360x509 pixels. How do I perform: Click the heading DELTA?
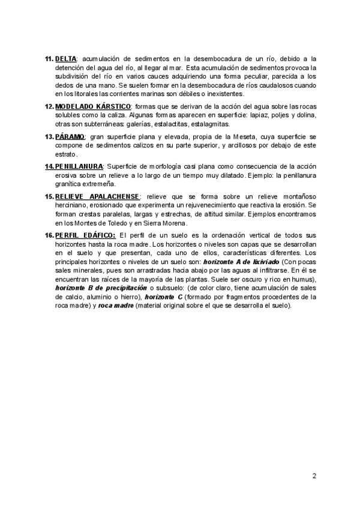(x=65, y=58)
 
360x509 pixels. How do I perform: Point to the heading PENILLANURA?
(x=79, y=166)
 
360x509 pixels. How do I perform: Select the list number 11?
(x=49, y=58)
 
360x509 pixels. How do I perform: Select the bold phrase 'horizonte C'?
(x=163, y=297)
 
